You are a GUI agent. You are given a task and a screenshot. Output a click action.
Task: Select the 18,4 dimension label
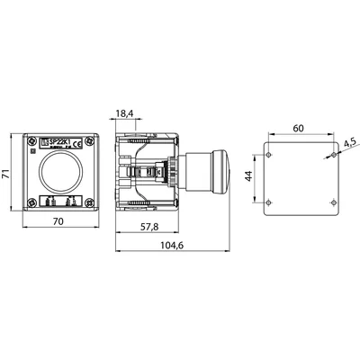pyautogui.click(x=125, y=114)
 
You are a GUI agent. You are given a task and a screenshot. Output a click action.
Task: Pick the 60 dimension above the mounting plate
pyautogui.click(x=298, y=129)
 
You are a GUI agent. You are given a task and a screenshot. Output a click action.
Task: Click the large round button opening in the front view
pyautogui.click(x=58, y=171)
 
